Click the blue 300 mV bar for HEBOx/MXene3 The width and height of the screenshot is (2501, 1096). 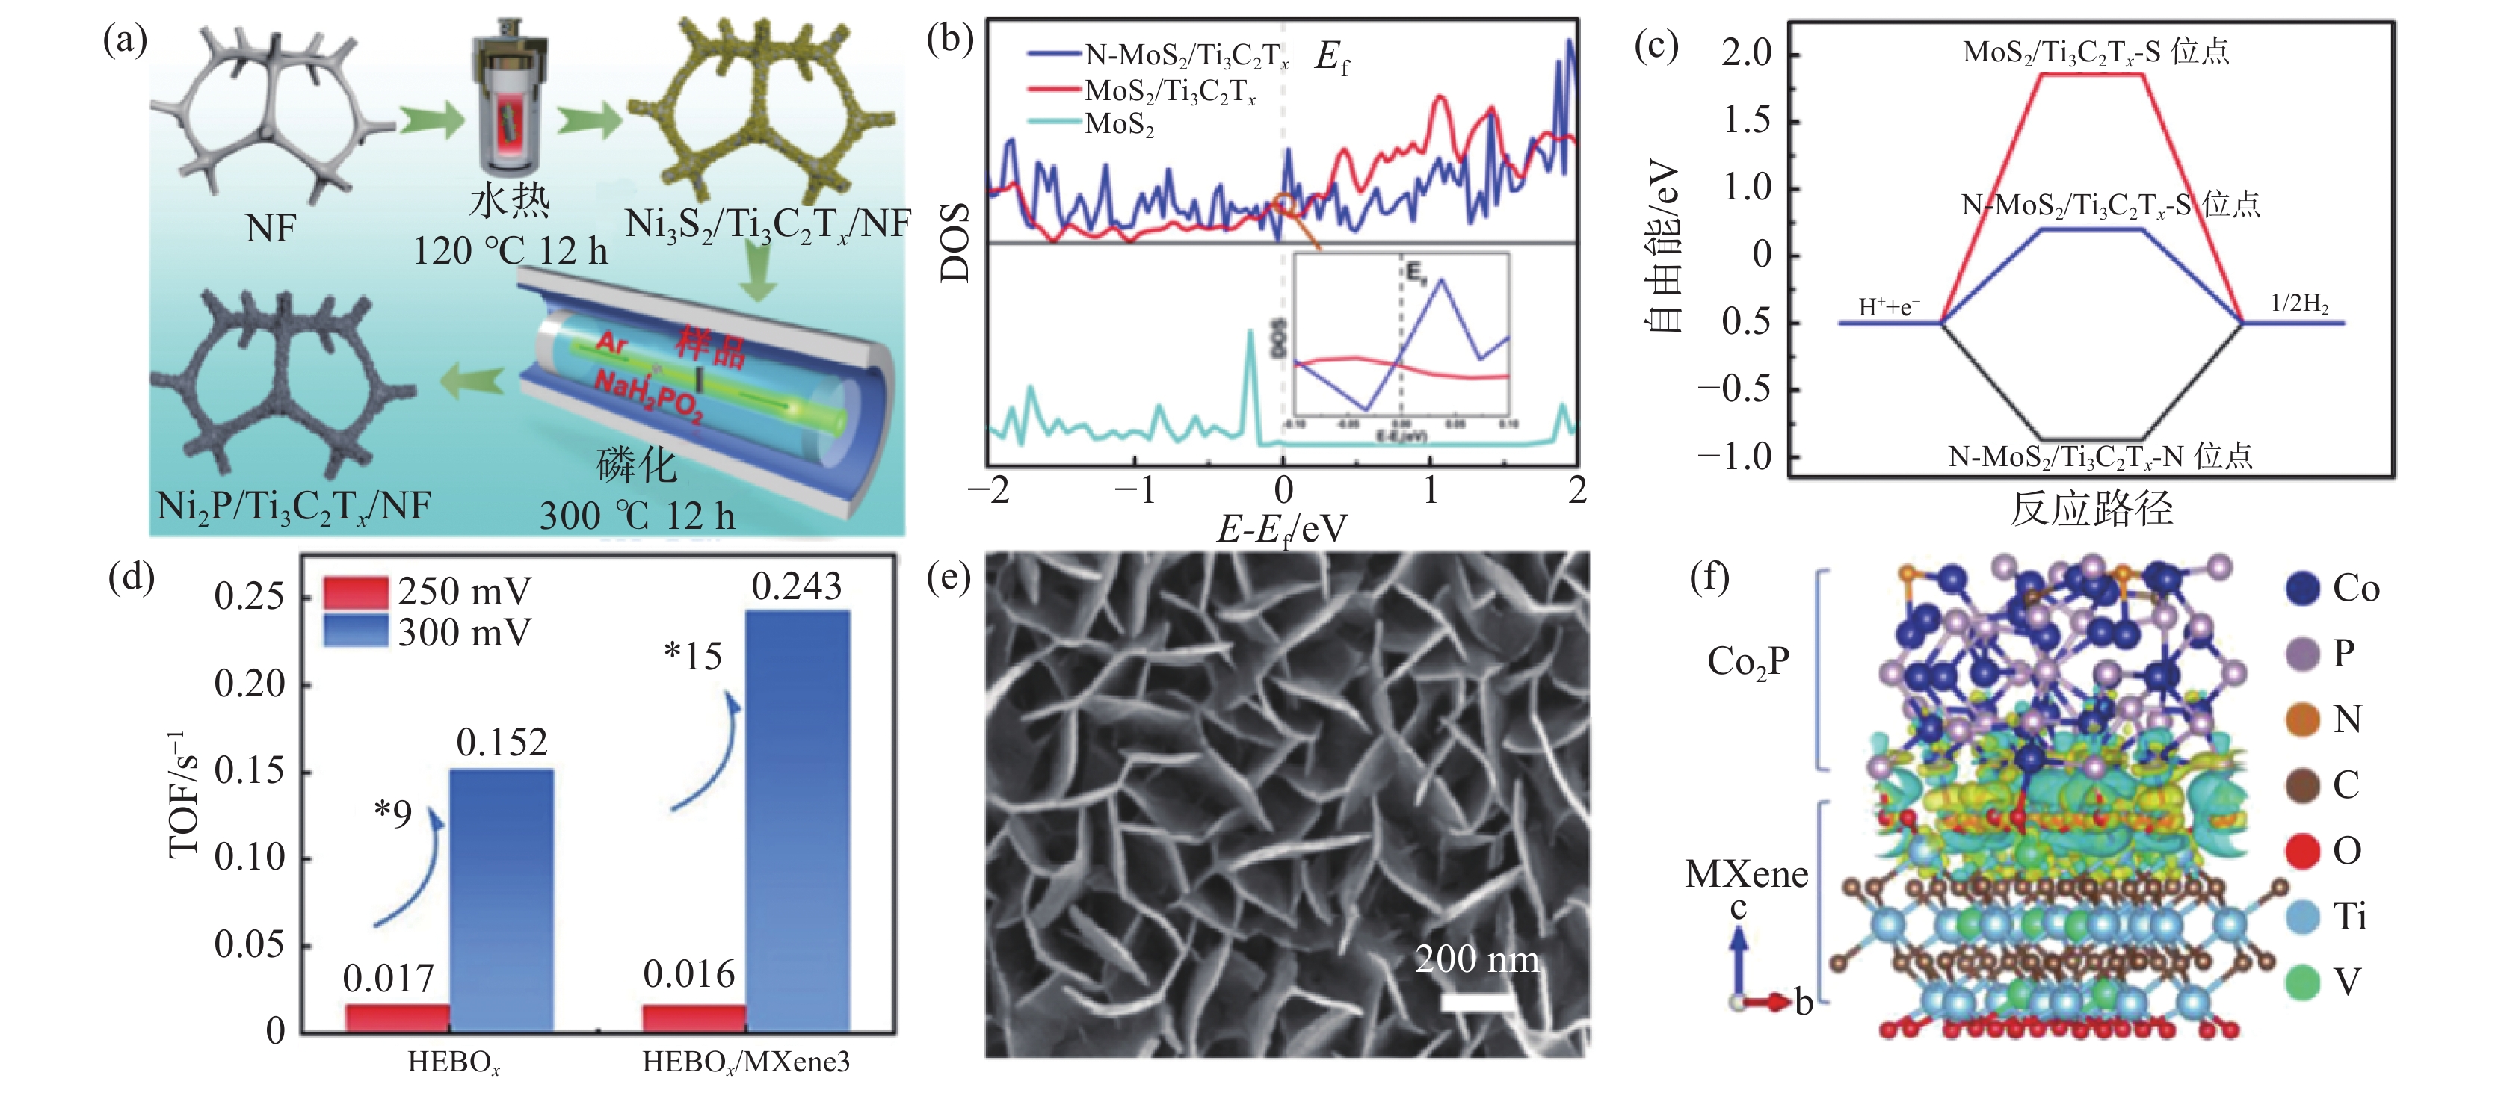click(797, 820)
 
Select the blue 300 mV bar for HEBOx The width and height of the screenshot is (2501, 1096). click(501, 900)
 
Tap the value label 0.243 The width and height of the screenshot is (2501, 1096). click(796, 586)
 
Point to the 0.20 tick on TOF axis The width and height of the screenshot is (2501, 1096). click(250, 684)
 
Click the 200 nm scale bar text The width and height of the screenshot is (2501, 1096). click(1477, 960)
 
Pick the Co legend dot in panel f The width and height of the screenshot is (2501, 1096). click(2302, 588)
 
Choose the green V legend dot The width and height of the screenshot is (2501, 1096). click(2302, 982)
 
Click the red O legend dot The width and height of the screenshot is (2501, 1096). click(2302, 852)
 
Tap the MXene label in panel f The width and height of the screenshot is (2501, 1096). click(1747, 875)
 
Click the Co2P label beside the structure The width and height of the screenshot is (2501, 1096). click(1748, 662)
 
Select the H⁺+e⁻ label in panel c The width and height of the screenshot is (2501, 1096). click(1888, 308)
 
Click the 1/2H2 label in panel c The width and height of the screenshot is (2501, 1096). click(2299, 304)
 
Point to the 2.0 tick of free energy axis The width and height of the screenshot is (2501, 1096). click(1747, 52)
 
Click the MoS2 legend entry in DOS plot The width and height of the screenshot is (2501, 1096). click(1118, 124)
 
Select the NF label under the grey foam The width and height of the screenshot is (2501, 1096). click(270, 229)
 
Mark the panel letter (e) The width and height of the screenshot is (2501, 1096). click(949, 578)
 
